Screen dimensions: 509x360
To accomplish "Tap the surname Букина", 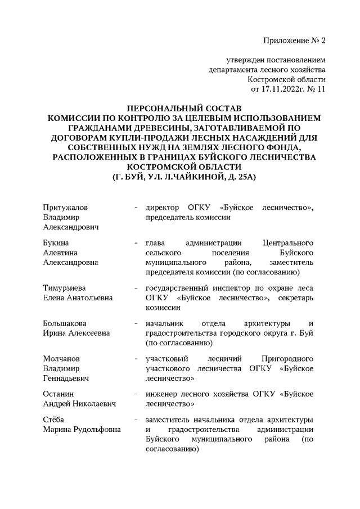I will pos(57,243).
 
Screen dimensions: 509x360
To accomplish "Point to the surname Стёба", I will pos(54,420).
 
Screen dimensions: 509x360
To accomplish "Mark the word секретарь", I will pos(290,298).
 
